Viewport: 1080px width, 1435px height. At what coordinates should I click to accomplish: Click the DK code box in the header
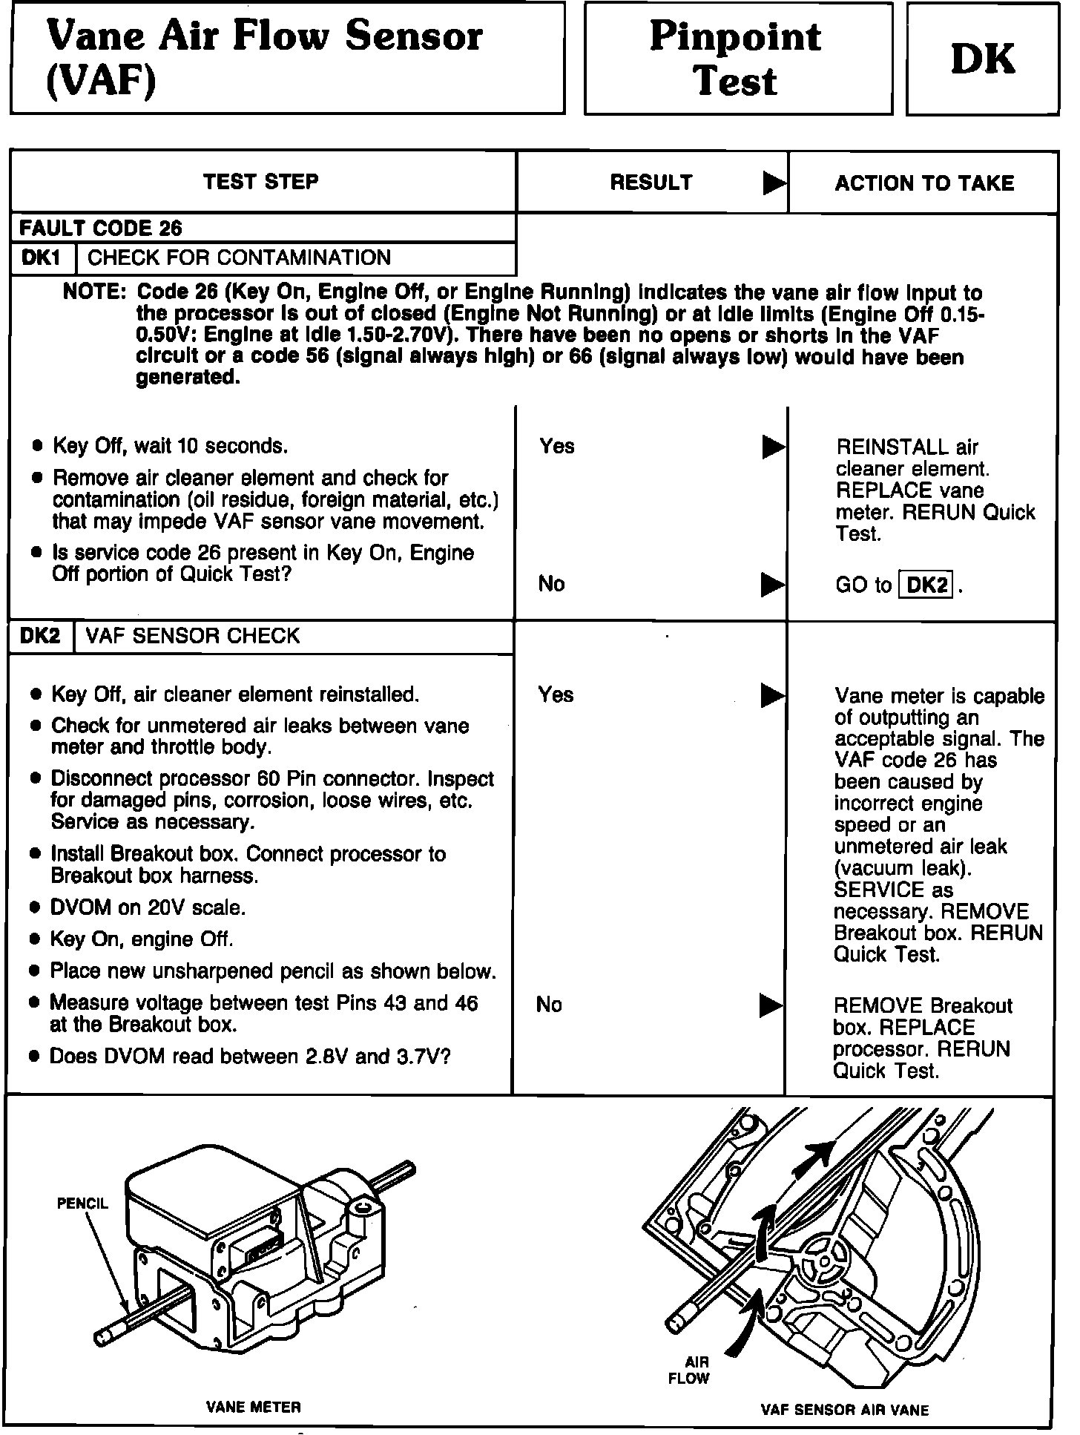pos(982,59)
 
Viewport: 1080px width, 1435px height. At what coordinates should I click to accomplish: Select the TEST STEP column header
pos(261,182)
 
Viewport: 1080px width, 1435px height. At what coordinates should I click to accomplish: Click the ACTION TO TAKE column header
pos(924,183)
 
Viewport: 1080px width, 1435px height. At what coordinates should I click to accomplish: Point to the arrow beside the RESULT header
pos(774,183)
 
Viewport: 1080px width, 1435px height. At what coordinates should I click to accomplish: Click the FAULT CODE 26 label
pos(100,228)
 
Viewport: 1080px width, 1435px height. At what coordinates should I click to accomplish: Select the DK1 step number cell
pos(42,258)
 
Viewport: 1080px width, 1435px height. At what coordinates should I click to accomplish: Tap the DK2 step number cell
pos(40,636)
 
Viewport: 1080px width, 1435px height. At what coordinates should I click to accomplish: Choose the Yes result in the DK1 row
pos(557,446)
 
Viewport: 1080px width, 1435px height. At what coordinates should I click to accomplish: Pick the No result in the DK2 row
pos(549,1005)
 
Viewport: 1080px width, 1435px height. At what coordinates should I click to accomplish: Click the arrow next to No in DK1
pos(773,585)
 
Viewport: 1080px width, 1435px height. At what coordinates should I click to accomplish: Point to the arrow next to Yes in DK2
pos(773,695)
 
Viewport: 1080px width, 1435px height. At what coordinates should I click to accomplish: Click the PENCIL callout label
pos(82,1204)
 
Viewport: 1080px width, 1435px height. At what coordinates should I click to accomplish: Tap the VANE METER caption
pos(254,1406)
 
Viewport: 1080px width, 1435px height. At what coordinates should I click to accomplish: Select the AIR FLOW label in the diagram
pos(689,1370)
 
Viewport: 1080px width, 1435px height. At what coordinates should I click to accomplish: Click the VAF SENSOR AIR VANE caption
pos(844,1410)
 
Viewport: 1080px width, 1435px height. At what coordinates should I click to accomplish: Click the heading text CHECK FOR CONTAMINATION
pos(239,258)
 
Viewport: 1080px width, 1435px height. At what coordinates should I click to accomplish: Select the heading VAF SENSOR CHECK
pos(193,636)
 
